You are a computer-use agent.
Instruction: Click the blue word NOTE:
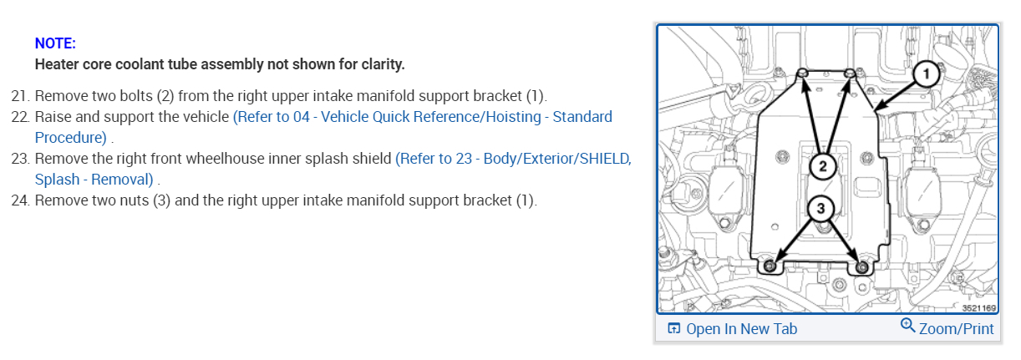coord(55,43)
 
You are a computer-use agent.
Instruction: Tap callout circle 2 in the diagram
coord(822,166)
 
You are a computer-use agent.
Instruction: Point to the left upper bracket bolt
coord(801,75)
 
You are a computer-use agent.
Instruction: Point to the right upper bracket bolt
coord(850,75)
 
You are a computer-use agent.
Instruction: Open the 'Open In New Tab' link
coord(741,328)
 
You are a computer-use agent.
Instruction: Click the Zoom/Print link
coord(957,328)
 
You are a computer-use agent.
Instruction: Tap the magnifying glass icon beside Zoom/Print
coord(908,327)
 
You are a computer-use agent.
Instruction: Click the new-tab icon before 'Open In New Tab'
coord(674,328)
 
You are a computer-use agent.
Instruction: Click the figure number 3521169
coord(978,308)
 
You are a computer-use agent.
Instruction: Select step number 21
coord(20,95)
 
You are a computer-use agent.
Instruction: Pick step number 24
coord(20,200)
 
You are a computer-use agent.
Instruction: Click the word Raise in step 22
coord(53,116)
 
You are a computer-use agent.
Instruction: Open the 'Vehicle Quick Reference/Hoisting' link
coord(422,116)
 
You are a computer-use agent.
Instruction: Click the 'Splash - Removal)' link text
coord(94,180)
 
